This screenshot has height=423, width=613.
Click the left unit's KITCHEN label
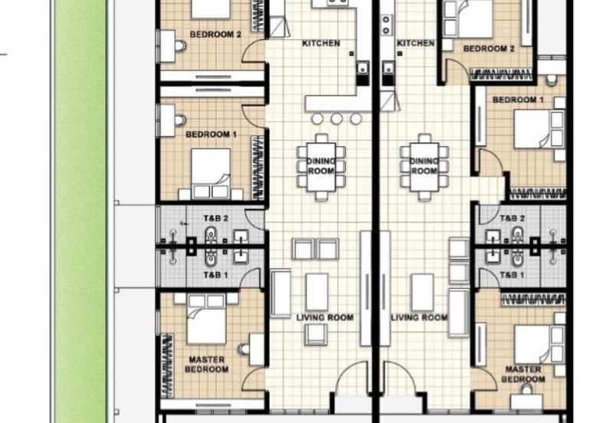(x=321, y=43)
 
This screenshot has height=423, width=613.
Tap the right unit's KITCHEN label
(x=415, y=43)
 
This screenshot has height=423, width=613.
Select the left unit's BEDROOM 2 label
(x=215, y=34)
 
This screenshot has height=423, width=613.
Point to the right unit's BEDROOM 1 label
(x=518, y=100)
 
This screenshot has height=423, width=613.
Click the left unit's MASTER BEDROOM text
(x=207, y=364)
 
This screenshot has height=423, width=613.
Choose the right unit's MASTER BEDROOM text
(x=523, y=374)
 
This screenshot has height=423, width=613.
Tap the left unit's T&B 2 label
(x=215, y=218)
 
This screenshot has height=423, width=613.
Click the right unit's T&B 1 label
(x=512, y=275)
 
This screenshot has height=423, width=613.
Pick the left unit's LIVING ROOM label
(x=325, y=317)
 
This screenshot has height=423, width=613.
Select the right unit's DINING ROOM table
(x=425, y=167)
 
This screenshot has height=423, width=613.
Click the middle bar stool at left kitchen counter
(x=336, y=119)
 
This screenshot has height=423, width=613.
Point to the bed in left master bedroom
(x=206, y=319)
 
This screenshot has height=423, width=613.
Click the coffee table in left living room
(x=316, y=292)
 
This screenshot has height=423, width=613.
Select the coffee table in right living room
(x=423, y=292)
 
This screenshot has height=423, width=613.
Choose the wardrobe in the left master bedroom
(x=167, y=366)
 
